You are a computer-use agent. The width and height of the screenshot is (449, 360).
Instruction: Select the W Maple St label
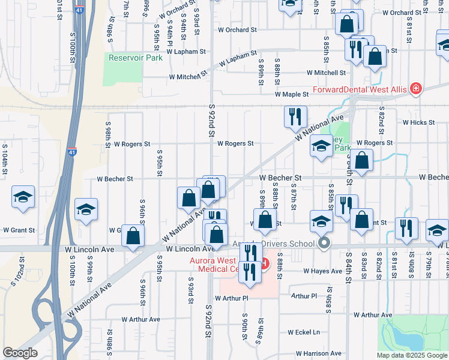[x=292, y=94]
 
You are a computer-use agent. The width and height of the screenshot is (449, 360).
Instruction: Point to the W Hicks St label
[x=418, y=122]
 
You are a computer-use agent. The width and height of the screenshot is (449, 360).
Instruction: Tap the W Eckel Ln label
[x=304, y=332]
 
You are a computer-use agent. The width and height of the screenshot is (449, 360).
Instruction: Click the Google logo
[x=19, y=353]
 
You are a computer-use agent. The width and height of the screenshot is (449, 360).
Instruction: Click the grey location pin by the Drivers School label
[x=324, y=243]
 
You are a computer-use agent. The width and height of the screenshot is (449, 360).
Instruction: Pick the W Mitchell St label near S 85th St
[x=326, y=73]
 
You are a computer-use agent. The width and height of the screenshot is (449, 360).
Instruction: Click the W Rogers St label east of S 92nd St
[x=235, y=144]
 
